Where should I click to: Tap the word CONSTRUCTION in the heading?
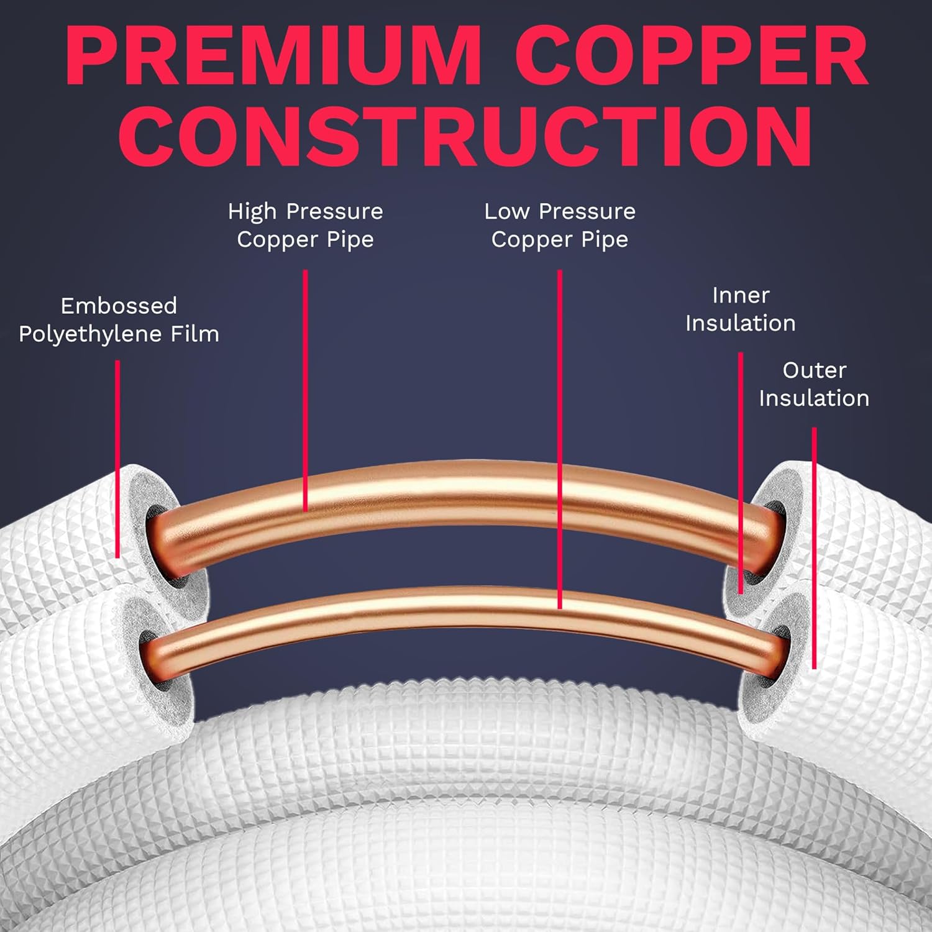tap(465, 135)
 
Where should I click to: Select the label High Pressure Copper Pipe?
tap(305, 225)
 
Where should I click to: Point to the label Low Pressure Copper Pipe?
tap(560, 225)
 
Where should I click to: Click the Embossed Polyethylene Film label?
tap(119, 319)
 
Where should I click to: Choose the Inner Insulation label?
tap(740, 309)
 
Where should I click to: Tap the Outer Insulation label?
tap(814, 384)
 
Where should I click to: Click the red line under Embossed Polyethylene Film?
tap(117, 460)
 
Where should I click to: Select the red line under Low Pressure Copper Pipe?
tap(560, 435)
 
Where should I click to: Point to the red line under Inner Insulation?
tap(740, 472)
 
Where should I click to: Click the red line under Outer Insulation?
tap(814, 547)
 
